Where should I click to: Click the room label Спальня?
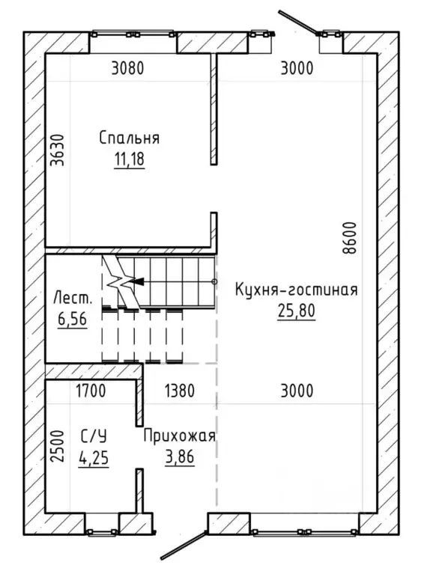[x=130, y=138]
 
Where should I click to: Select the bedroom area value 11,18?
[x=130, y=159]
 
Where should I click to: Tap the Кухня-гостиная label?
[x=296, y=290]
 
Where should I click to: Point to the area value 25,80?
[x=297, y=311]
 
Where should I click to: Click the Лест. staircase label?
[x=73, y=298]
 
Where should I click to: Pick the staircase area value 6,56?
[x=72, y=319]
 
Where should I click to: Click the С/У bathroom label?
[x=94, y=436]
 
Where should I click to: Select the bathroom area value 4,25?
[x=94, y=457]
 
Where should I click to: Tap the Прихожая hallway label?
[x=180, y=436]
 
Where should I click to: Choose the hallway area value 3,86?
[x=180, y=457]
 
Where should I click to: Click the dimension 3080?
[x=127, y=68]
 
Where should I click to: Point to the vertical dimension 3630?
[x=58, y=150]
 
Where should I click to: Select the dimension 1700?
[x=91, y=391]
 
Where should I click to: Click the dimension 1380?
[x=180, y=391]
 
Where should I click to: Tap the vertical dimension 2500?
[x=58, y=446]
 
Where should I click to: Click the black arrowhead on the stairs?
[x=136, y=281]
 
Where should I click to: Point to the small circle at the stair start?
[x=214, y=281]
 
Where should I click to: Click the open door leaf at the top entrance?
[x=298, y=22]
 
